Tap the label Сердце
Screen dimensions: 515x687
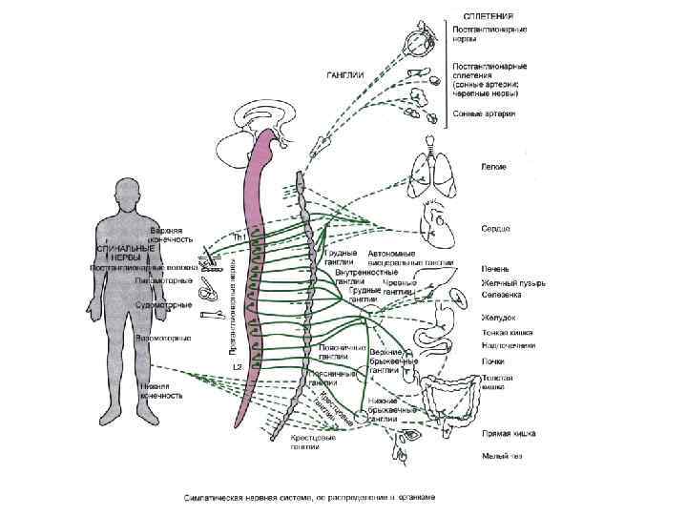[x=494, y=229]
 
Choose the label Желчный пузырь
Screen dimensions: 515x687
[x=506, y=281]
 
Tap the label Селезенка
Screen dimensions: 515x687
[x=498, y=294]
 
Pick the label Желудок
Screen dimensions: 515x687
[x=497, y=317]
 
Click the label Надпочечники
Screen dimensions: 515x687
[x=507, y=345]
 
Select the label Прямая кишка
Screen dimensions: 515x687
[x=507, y=433]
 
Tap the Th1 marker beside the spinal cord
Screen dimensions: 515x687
[x=240, y=235]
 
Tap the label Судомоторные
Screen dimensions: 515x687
[x=167, y=304]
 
